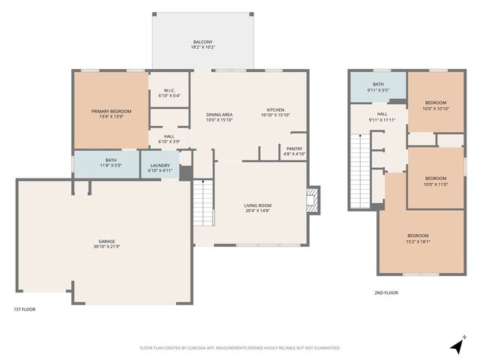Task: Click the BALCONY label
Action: point(202,41)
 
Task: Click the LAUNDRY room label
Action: point(160,165)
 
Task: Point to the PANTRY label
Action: point(295,148)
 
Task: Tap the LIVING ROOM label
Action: point(257,205)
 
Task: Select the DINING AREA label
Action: point(220,114)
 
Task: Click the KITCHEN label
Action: point(275,109)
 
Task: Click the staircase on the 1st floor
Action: point(203,209)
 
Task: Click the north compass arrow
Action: point(457,346)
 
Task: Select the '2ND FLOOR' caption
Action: point(386,292)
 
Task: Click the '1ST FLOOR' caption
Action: point(24,309)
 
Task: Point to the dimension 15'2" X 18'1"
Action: point(418,241)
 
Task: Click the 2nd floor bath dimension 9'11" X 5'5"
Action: point(377,90)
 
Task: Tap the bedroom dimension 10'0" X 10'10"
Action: point(436,108)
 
